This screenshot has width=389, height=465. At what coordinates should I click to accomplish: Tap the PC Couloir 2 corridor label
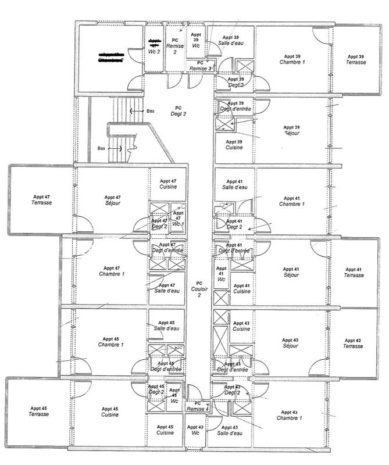(x=198, y=289)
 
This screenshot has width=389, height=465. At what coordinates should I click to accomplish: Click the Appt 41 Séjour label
(x=291, y=273)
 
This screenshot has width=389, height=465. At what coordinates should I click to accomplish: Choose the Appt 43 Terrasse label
(x=353, y=343)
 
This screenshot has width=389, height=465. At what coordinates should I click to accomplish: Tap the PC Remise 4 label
(x=198, y=406)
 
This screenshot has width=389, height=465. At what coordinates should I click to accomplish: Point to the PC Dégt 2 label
(x=178, y=111)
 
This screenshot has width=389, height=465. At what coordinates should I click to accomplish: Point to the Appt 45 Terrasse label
(x=39, y=411)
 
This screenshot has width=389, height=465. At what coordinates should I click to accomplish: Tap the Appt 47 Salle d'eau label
(x=167, y=289)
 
